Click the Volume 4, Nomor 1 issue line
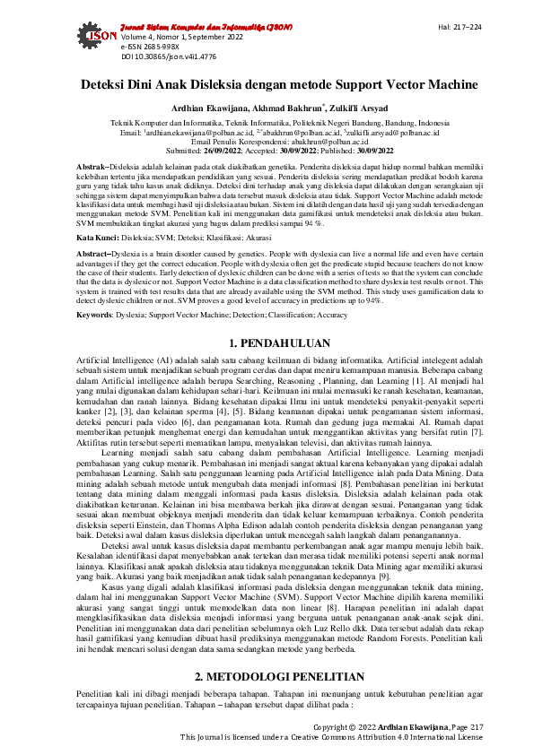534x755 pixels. click(165, 37)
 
